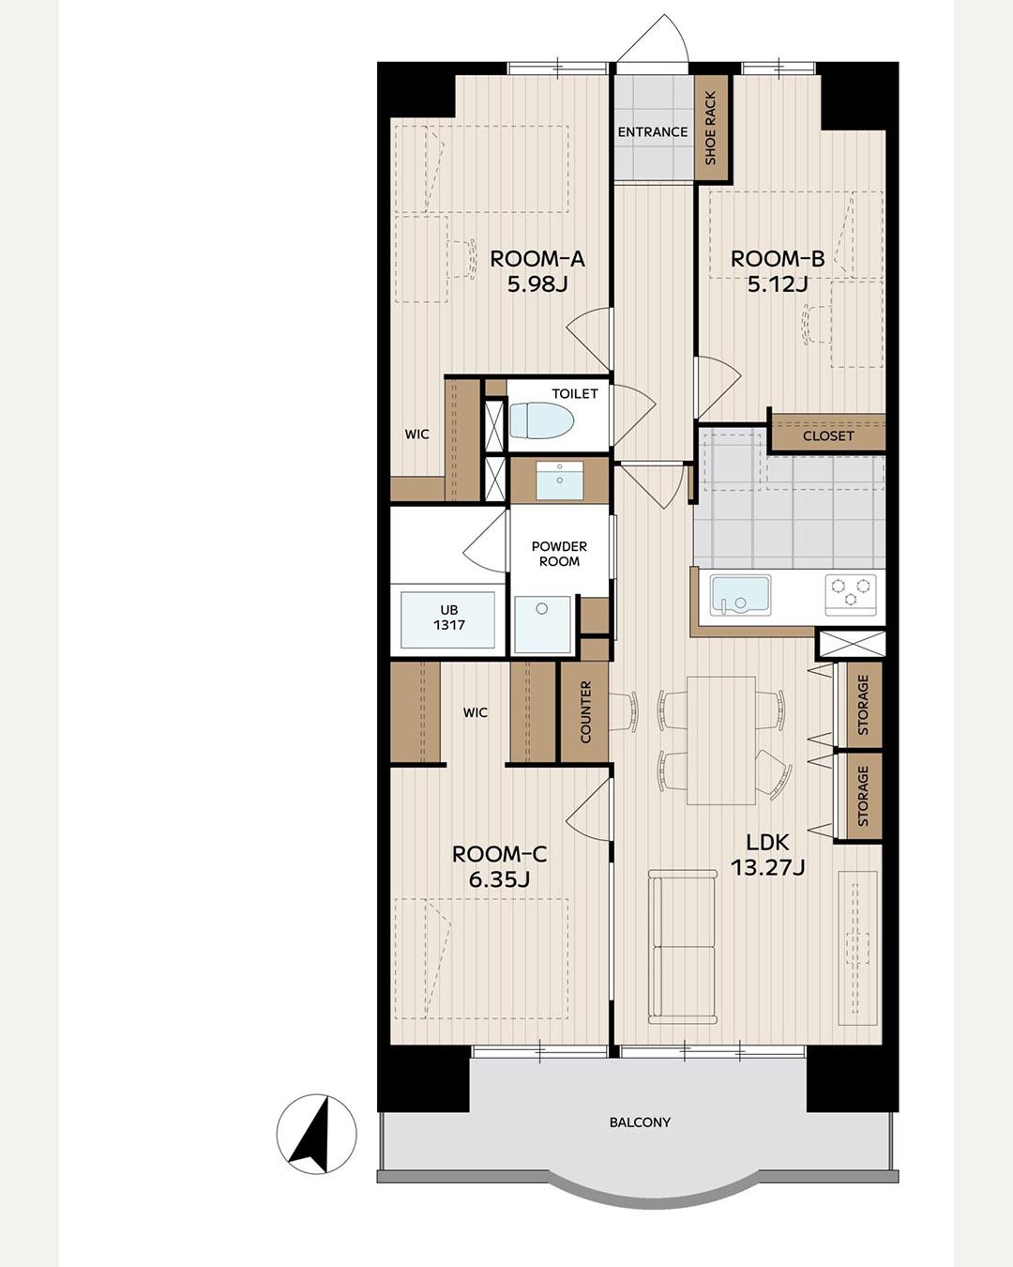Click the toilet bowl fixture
point(541,420)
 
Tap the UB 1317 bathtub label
point(449,617)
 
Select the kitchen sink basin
point(740,595)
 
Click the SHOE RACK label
point(711,128)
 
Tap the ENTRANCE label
point(653,132)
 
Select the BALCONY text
point(640,1122)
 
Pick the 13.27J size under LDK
point(768,867)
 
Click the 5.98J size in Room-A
point(537,285)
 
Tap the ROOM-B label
point(778,258)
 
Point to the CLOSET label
point(828,436)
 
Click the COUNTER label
point(585,711)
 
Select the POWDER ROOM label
point(559,554)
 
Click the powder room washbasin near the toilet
point(560,480)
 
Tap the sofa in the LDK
point(683,947)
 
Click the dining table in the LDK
point(721,740)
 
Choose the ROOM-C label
point(499,854)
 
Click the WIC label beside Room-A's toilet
point(416,435)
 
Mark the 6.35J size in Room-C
point(499,880)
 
